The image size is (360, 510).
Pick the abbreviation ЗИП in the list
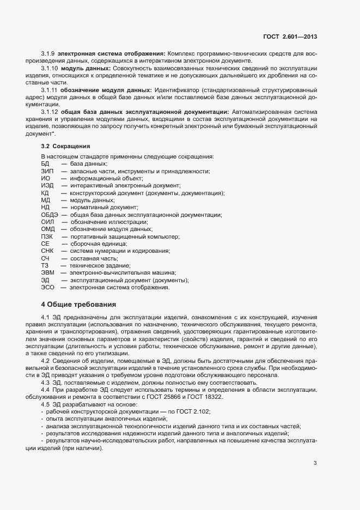(x=47, y=172)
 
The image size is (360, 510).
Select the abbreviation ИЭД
(x=47, y=186)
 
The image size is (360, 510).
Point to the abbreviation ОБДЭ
(x=50, y=215)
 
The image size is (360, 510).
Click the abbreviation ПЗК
(x=47, y=236)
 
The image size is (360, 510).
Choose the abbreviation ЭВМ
(x=48, y=272)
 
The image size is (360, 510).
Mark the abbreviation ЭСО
(x=48, y=287)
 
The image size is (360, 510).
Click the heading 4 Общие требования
(x=78, y=303)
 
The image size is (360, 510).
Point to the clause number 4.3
(x=45, y=382)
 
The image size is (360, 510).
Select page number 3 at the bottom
(x=315, y=463)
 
